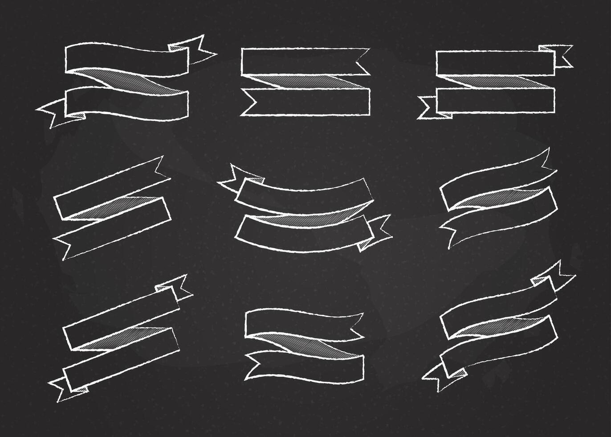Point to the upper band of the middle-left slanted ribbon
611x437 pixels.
click(107, 187)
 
